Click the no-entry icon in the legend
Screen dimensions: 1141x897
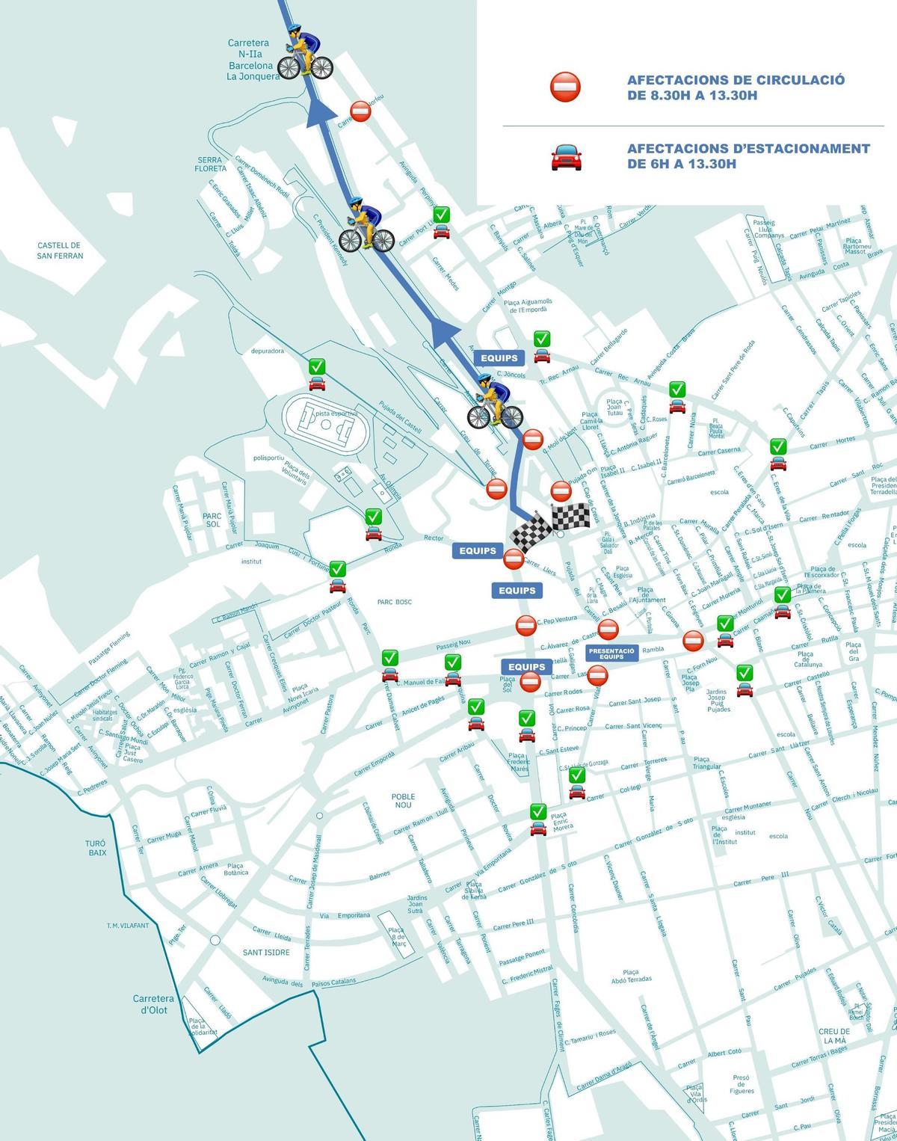point(565,87)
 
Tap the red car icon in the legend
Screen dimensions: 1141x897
point(566,157)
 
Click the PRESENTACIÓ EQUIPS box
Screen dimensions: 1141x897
point(611,653)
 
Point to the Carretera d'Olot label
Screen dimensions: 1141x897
point(153,1004)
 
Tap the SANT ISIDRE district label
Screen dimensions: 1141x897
point(266,952)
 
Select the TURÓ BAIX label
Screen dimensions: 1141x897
point(96,847)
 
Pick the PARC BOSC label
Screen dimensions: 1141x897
point(395,601)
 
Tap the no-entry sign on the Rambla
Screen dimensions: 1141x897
point(693,641)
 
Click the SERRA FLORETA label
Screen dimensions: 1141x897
point(211,164)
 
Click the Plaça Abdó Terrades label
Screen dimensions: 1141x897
point(631,974)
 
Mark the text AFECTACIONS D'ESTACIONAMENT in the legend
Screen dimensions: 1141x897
point(747,149)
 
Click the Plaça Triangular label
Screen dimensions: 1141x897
point(706,762)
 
